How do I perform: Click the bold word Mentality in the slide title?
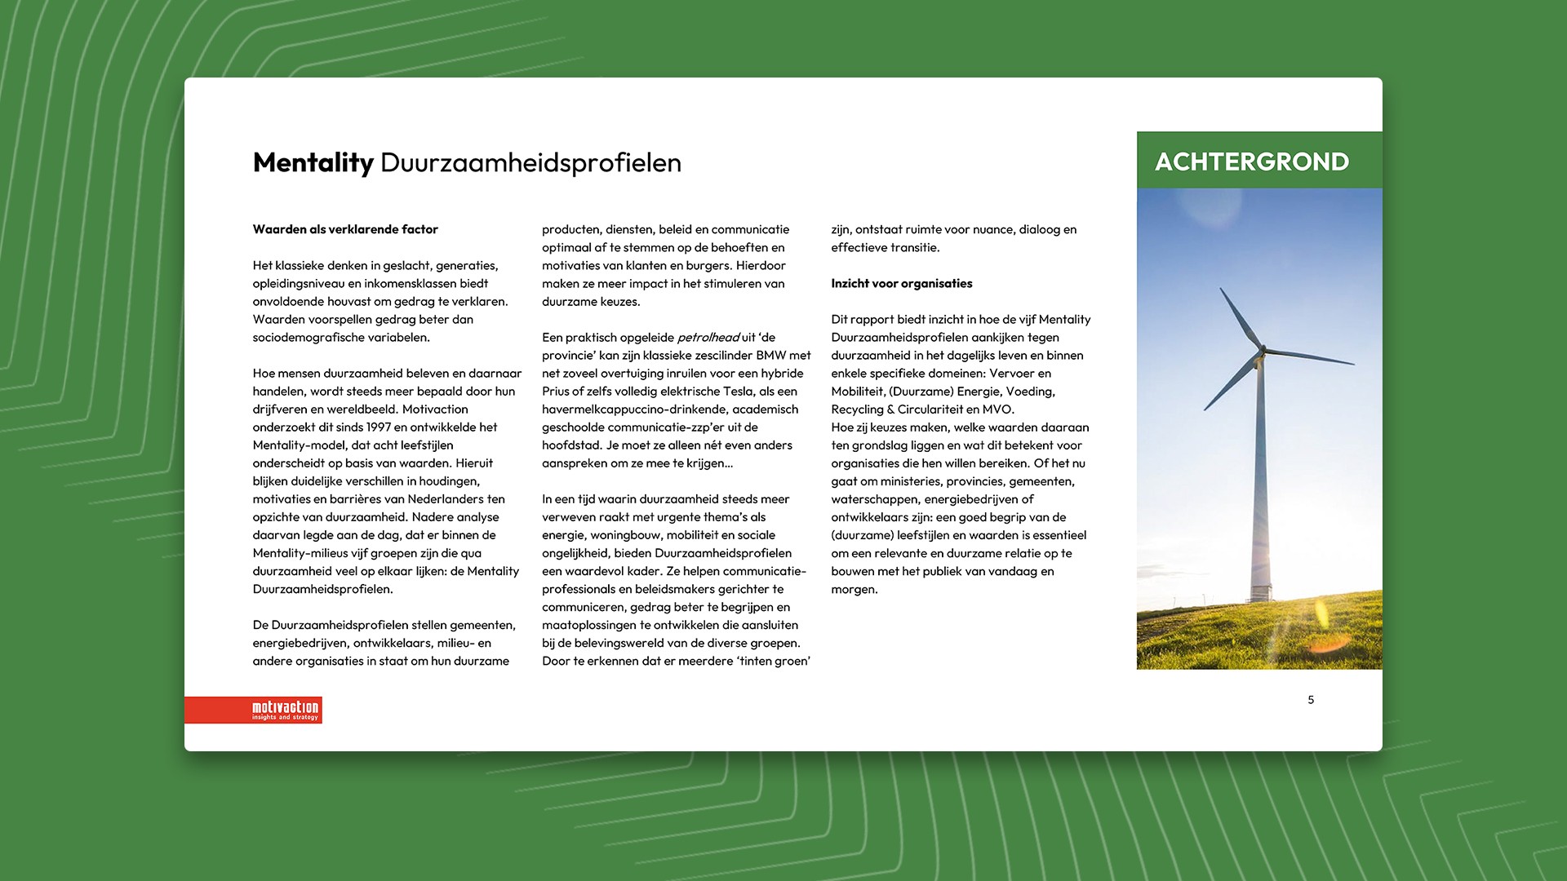click(313, 162)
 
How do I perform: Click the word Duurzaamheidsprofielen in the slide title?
click(530, 162)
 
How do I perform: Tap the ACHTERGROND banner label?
click(1251, 162)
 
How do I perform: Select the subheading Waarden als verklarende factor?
click(345, 229)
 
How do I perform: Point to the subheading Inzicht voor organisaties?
click(901, 283)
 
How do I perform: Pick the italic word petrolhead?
click(708, 337)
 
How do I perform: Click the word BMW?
click(771, 355)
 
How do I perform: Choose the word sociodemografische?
click(305, 337)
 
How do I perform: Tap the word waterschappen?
click(874, 498)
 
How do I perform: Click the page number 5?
click(1311, 699)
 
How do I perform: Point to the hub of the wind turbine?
click(1262, 352)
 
